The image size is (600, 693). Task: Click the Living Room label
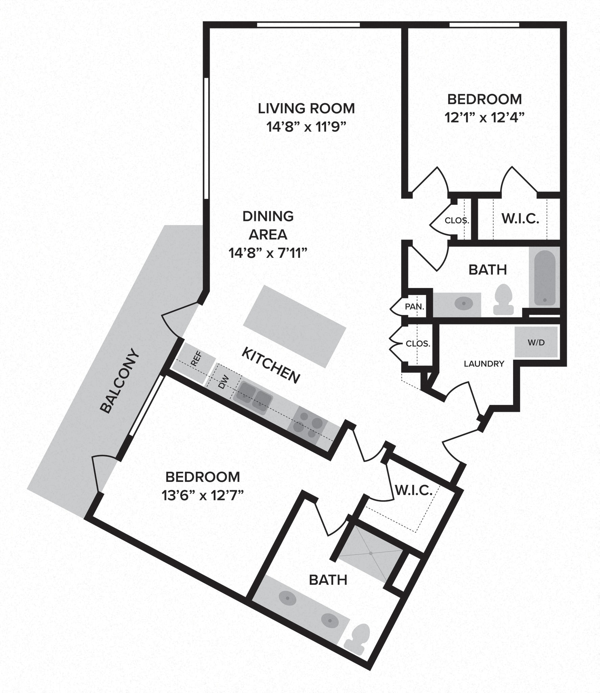point(306,109)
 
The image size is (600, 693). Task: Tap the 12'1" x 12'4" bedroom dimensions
point(484,118)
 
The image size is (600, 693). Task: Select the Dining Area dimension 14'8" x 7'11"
point(268,253)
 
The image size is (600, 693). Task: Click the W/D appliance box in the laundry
point(536,342)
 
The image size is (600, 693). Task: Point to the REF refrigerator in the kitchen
point(195,359)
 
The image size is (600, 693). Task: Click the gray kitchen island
point(294,326)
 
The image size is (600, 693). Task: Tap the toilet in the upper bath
point(504,299)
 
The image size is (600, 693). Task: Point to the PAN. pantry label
point(415,307)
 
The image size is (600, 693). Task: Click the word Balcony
point(120,381)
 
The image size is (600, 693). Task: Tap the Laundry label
point(484,364)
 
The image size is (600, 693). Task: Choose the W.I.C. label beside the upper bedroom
point(520,219)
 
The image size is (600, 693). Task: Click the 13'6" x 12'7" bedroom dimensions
point(203,496)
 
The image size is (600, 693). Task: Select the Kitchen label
point(271,366)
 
